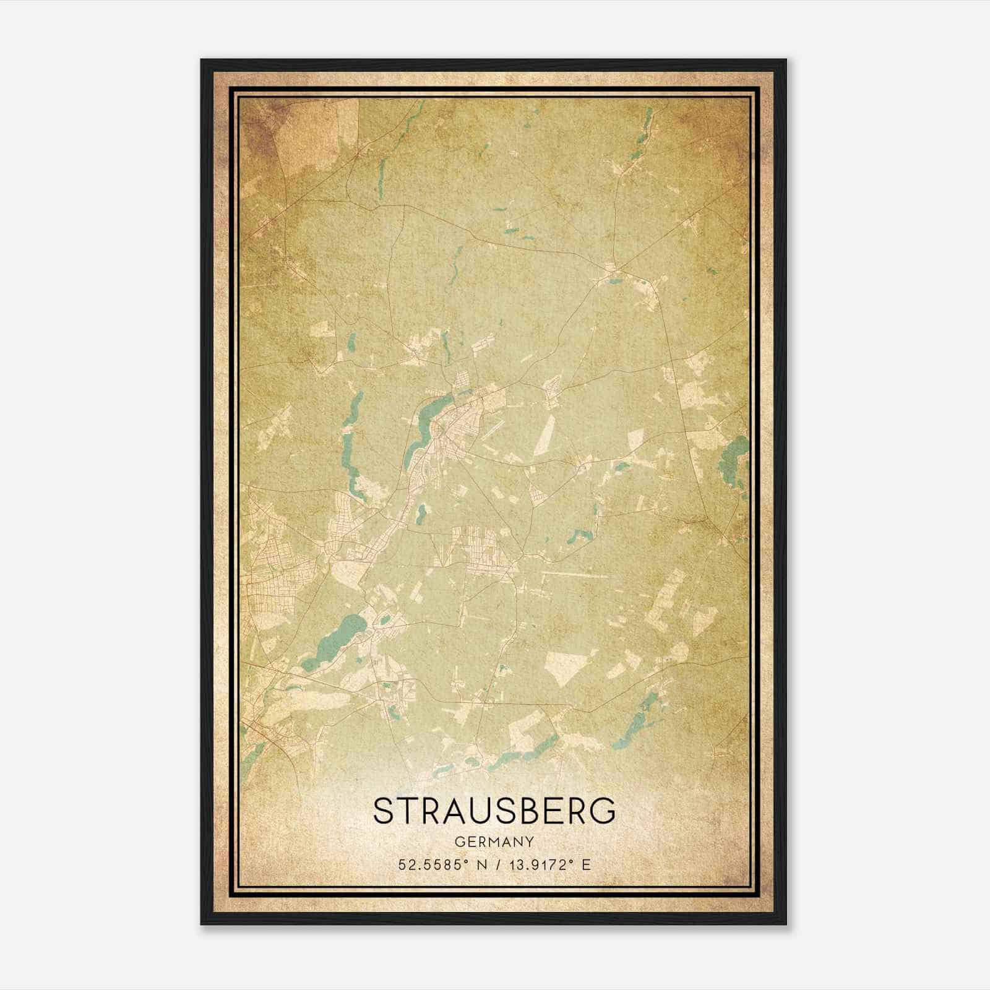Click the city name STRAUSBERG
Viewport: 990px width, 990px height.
tap(494, 811)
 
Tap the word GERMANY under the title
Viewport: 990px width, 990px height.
tap(494, 842)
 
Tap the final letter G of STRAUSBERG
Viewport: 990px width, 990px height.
tap(604, 811)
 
